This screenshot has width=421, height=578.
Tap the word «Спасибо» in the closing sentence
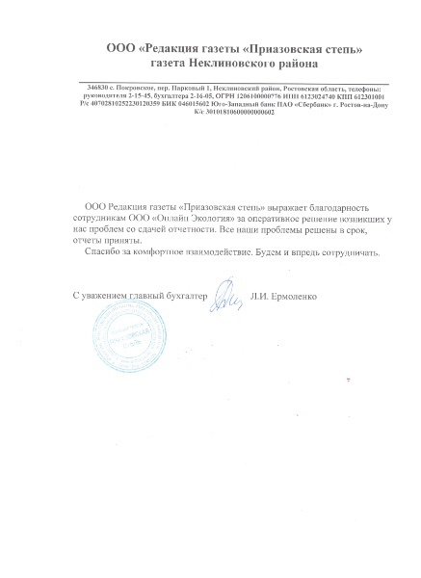pyautogui.click(x=101, y=253)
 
